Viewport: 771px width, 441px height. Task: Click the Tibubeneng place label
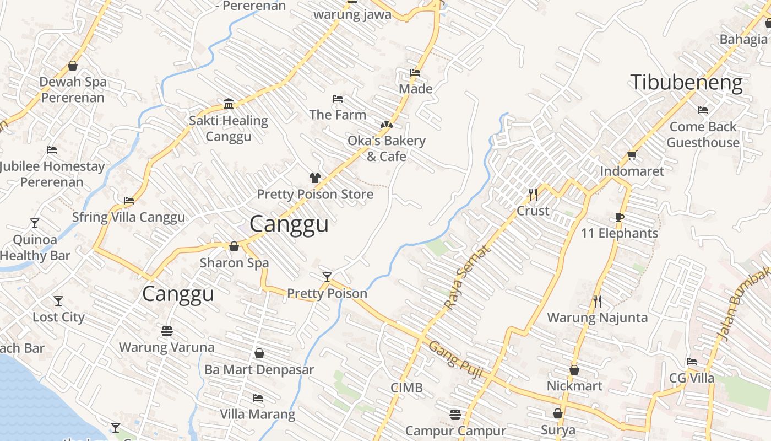(686, 83)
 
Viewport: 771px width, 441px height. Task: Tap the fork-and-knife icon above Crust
(533, 194)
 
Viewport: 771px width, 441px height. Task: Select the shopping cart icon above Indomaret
(632, 155)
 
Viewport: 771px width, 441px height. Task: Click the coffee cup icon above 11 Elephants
(619, 217)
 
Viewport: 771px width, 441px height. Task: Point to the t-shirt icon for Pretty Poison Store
(314, 178)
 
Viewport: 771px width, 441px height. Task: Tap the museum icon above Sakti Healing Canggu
(229, 104)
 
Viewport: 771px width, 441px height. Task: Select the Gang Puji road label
(455, 359)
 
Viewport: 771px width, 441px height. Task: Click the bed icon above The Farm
(338, 99)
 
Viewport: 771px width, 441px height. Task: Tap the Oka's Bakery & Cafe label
(386, 148)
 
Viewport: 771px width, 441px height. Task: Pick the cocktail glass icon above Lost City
(58, 300)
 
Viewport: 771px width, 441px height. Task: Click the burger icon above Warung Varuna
(167, 331)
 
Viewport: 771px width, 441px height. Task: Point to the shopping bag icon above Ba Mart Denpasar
(259, 353)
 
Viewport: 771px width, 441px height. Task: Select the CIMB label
(406, 388)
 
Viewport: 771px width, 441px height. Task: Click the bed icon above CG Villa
(692, 362)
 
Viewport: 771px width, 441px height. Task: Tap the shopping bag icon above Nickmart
(574, 370)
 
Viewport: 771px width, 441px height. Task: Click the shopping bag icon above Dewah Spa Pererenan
(73, 66)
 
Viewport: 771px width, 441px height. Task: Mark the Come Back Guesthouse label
(703, 135)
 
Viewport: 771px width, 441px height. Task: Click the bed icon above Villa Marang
(257, 397)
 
